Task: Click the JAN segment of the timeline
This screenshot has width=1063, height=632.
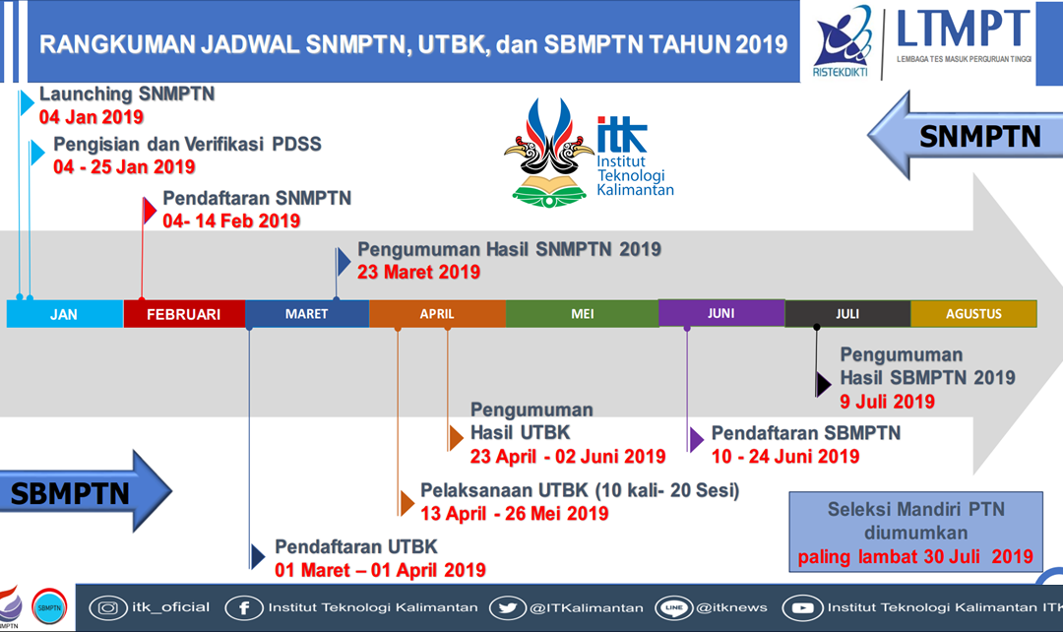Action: (x=64, y=314)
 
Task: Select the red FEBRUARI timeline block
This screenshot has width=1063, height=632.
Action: (x=183, y=314)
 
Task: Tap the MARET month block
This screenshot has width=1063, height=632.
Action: (x=307, y=314)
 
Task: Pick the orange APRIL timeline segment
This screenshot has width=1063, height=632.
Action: (x=437, y=314)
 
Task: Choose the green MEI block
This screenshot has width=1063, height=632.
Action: (x=582, y=314)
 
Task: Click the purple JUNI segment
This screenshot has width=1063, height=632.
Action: (x=720, y=313)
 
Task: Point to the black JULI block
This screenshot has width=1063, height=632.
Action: (x=847, y=314)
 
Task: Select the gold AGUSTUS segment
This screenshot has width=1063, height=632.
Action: (x=973, y=314)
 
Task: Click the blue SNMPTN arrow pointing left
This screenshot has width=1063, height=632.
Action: (x=965, y=138)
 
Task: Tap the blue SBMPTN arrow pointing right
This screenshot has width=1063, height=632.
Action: (x=84, y=492)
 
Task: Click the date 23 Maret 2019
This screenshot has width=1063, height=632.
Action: (x=418, y=272)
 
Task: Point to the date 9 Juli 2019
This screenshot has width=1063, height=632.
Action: (x=887, y=401)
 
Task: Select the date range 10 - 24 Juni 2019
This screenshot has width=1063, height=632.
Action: (x=785, y=456)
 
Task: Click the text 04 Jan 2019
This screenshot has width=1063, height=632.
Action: (x=92, y=117)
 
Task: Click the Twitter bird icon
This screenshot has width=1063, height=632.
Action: (x=508, y=607)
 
